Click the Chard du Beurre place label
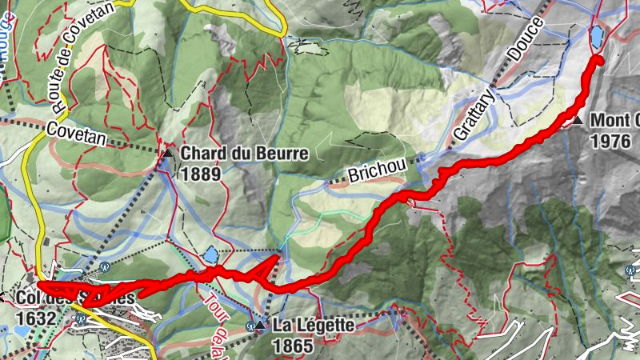(x=233, y=152)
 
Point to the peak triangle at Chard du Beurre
(x=168, y=153)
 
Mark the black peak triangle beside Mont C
(x=578, y=122)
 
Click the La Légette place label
(x=313, y=326)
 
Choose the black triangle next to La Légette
(x=259, y=326)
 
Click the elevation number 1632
(x=35, y=318)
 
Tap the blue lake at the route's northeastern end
(x=597, y=36)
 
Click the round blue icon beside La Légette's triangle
(x=250, y=326)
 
